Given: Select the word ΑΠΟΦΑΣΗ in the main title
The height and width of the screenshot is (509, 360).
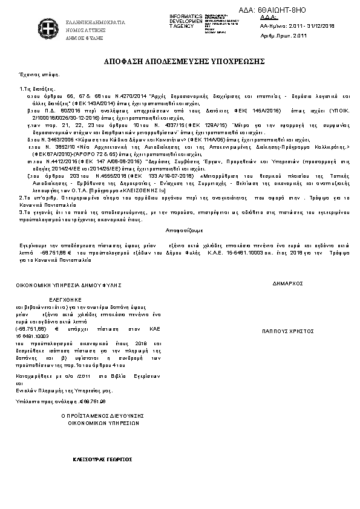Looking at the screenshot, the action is point(129,62).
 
